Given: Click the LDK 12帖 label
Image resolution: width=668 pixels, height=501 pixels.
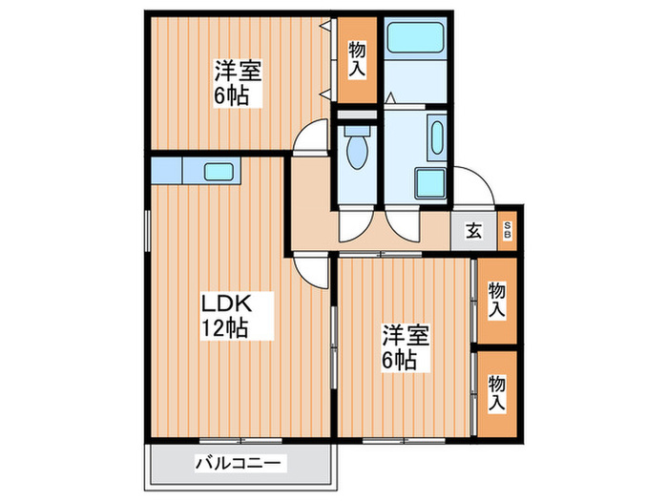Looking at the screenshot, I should (225, 316).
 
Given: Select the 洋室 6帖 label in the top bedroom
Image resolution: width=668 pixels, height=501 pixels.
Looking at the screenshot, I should (238, 83).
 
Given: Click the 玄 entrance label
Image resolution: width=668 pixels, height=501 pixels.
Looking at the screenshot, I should (472, 229).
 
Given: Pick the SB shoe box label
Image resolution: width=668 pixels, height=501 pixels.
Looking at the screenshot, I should (507, 229).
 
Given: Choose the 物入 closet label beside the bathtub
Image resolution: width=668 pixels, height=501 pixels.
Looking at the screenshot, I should (357, 59).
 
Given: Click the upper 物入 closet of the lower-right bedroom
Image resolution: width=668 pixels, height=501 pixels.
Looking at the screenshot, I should (496, 300).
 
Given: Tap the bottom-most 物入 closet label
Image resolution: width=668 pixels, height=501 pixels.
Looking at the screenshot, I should (496, 393).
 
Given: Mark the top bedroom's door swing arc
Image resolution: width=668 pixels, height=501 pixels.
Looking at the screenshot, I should (312, 141).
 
